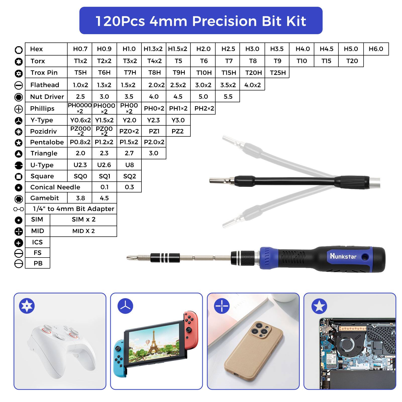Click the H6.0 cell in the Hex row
[376, 49]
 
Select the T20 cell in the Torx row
[352, 61]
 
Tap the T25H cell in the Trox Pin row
[278, 73]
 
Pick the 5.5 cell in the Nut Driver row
[228, 97]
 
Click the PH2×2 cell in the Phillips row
[204, 109]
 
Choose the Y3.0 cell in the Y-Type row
[178, 120]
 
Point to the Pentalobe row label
[47, 142]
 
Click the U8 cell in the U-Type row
[129, 165]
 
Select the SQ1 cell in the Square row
[104, 176]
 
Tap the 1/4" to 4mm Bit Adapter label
[73, 209]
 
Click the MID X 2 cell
[83, 231]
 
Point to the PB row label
[38, 263]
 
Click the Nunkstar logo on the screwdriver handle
[343, 256]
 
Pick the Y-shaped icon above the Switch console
[125, 306]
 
